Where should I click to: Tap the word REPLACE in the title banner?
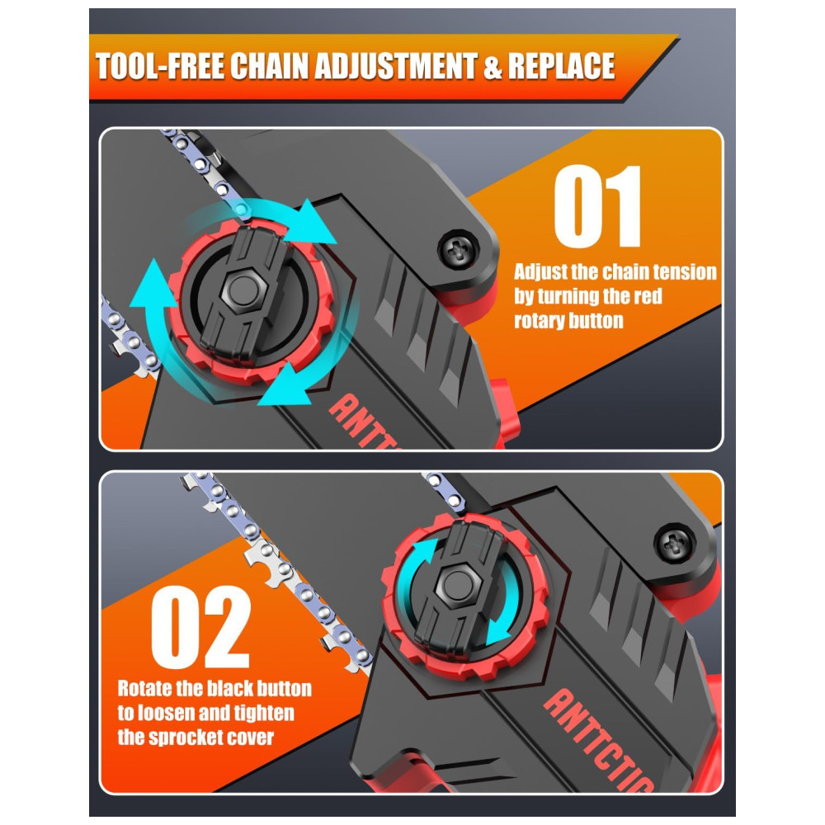[x=561, y=66]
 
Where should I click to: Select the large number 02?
[x=200, y=626]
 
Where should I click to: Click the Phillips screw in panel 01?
[x=458, y=249]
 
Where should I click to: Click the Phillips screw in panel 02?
[x=675, y=544]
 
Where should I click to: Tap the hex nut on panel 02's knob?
[x=457, y=584]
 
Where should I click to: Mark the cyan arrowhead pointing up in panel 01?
[x=153, y=284]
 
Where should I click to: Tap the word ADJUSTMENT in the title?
[x=395, y=66]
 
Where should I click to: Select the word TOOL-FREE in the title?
[x=161, y=66]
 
